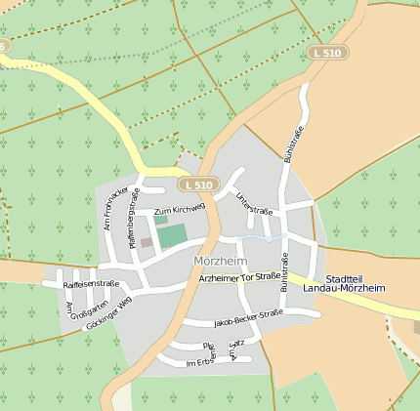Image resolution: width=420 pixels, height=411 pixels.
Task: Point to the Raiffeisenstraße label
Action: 91,284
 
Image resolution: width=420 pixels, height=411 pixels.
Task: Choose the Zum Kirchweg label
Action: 179,210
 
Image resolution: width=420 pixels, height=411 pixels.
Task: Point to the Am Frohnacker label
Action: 116,206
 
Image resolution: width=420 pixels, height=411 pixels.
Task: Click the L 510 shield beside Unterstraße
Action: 197,185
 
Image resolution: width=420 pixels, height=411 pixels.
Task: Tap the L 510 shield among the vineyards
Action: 326,52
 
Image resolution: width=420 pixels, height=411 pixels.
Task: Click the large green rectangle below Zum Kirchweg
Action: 171,235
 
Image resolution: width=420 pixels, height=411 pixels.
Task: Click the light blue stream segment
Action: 262,237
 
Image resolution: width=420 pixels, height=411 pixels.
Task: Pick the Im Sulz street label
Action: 232,350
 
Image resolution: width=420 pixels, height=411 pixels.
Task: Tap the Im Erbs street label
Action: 198,363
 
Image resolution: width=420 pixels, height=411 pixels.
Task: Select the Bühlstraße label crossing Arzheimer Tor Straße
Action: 284,272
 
